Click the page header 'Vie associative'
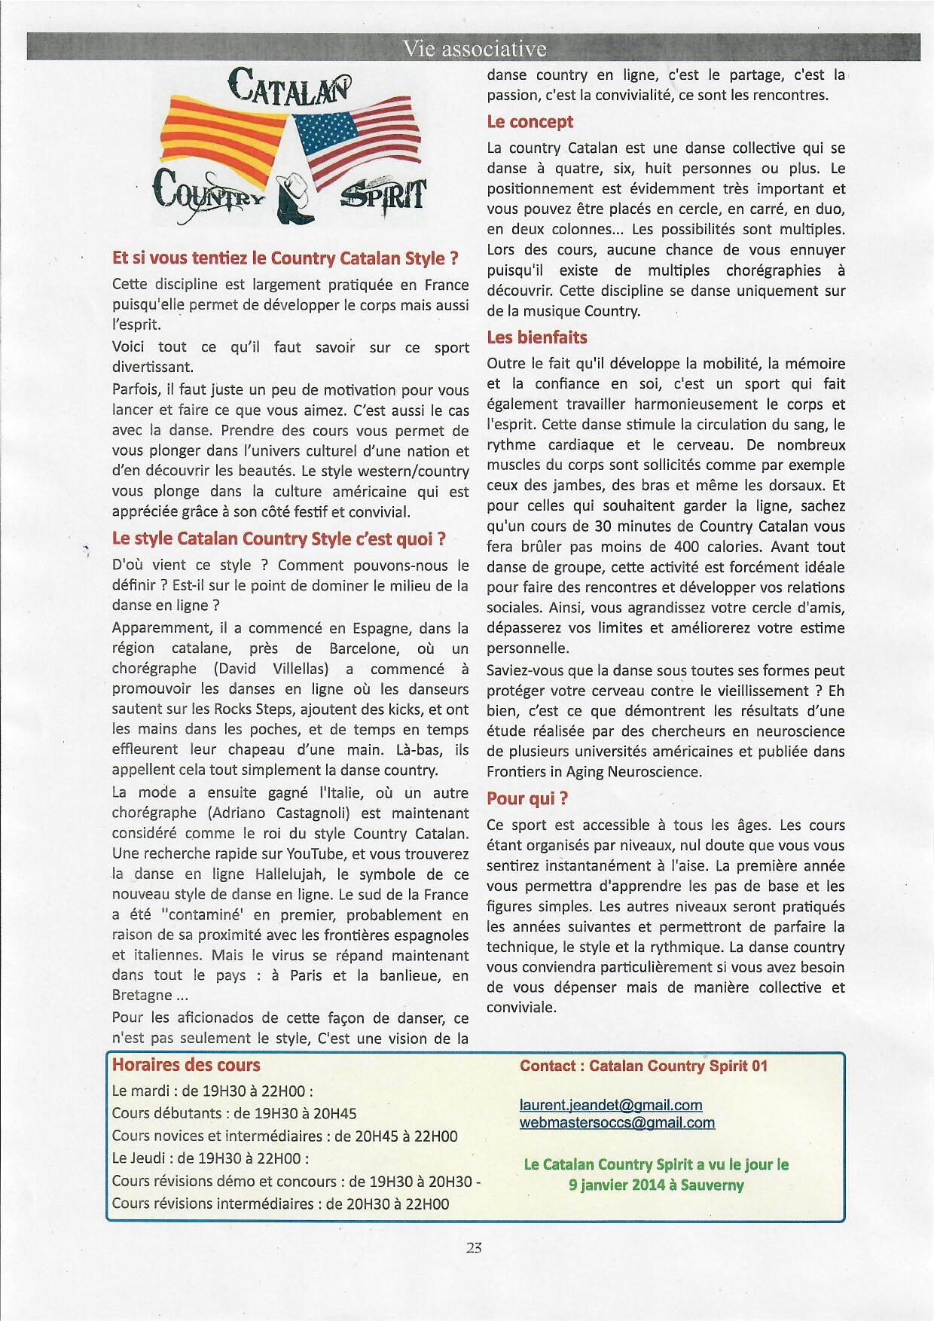click(x=474, y=49)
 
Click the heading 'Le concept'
click(x=530, y=122)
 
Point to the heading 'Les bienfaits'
click(x=536, y=337)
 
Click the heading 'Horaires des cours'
click(x=186, y=1065)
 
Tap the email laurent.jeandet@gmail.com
click(x=611, y=1105)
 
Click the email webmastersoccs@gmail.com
click(x=617, y=1122)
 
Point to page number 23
click(x=474, y=1246)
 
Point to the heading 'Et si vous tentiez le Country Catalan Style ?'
click(x=285, y=258)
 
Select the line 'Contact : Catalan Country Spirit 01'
click(x=643, y=1066)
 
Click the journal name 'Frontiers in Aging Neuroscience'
click(x=594, y=771)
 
